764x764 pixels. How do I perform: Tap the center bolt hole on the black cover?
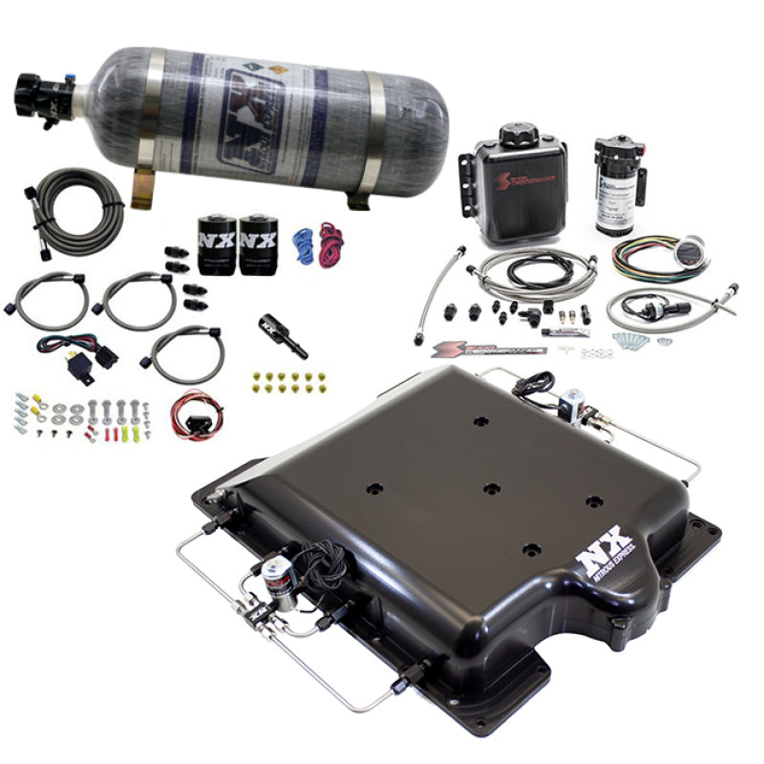click(491, 488)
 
